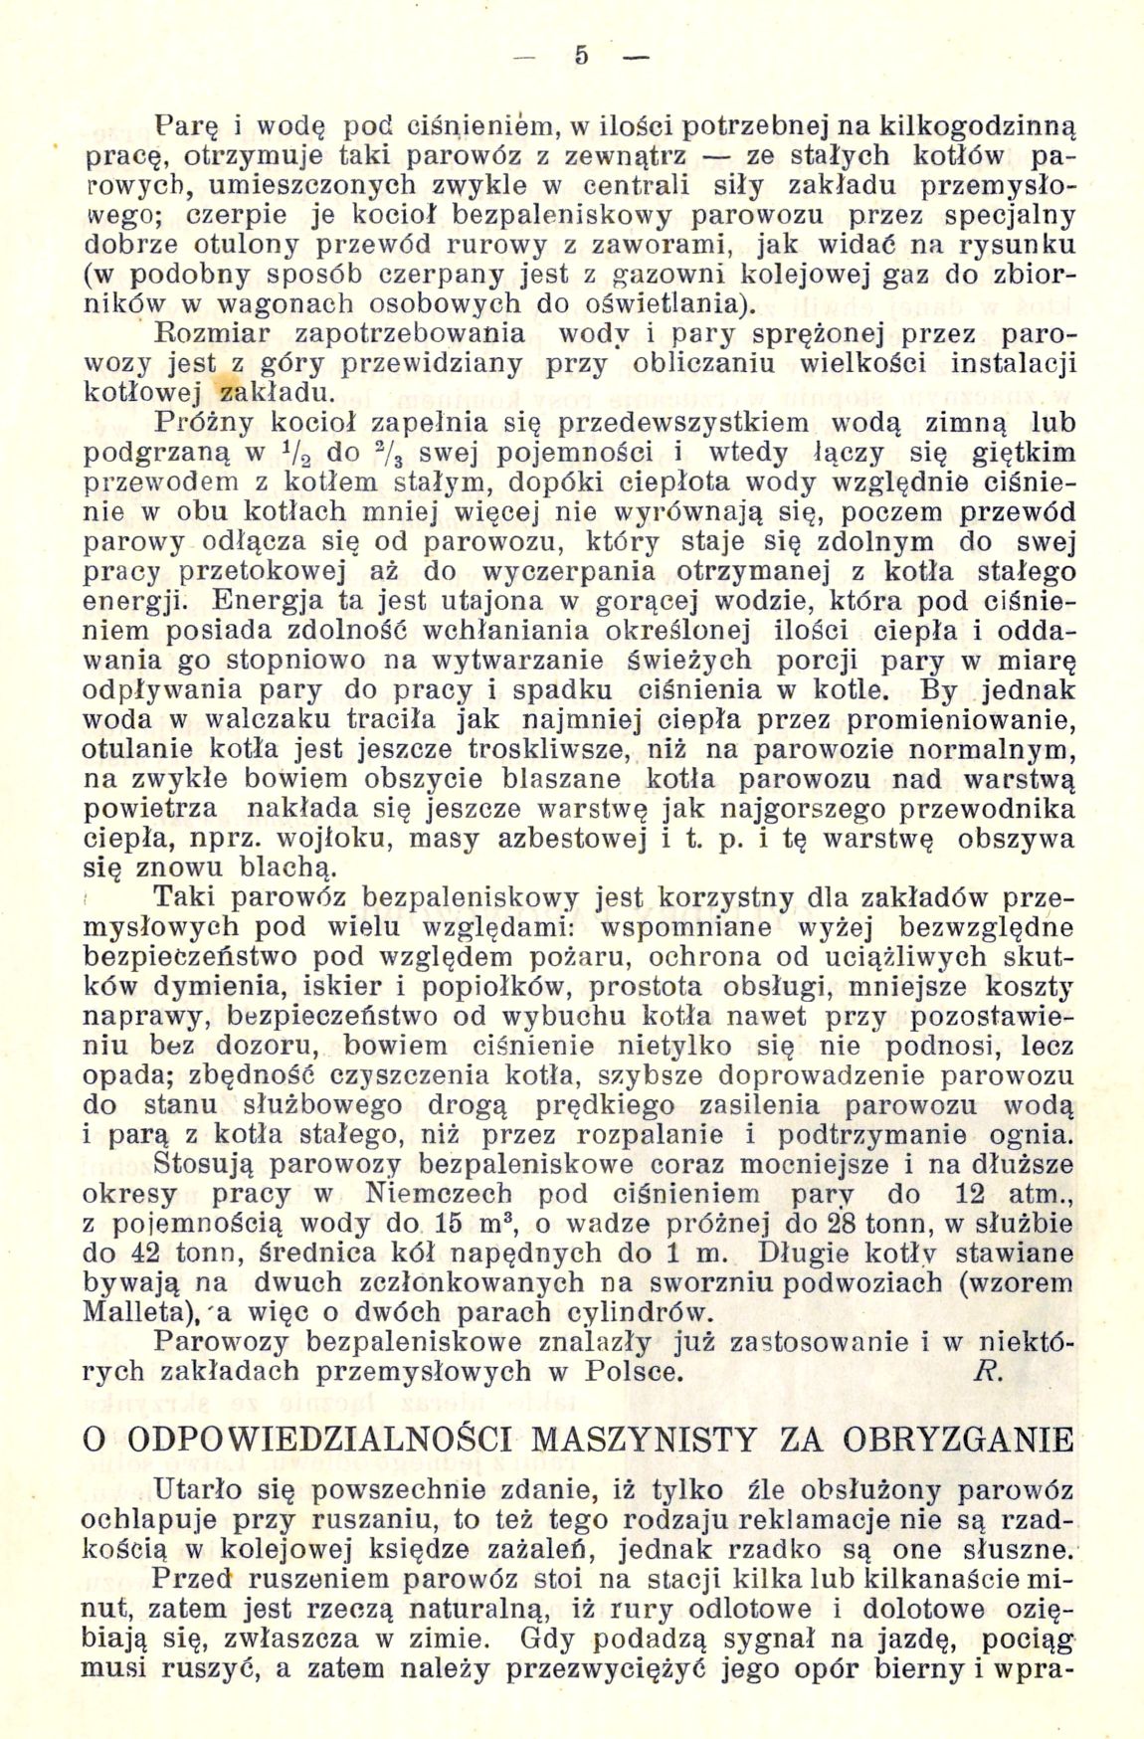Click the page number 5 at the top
point(582,57)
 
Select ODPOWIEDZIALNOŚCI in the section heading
point(317,1440)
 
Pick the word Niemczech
point(439,1194)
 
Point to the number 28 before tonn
point(863,1224)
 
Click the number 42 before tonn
point(149,1254)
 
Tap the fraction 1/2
point(300,453)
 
